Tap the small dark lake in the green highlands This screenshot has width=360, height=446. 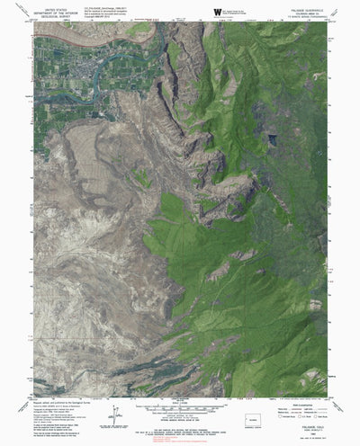coord(272,138)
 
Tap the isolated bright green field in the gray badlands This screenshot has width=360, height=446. coord(143,178)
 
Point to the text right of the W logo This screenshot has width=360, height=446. coord(220,11)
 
